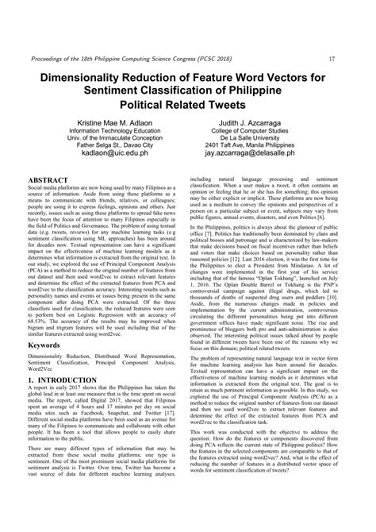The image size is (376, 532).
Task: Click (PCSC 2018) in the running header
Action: point(243,58)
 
